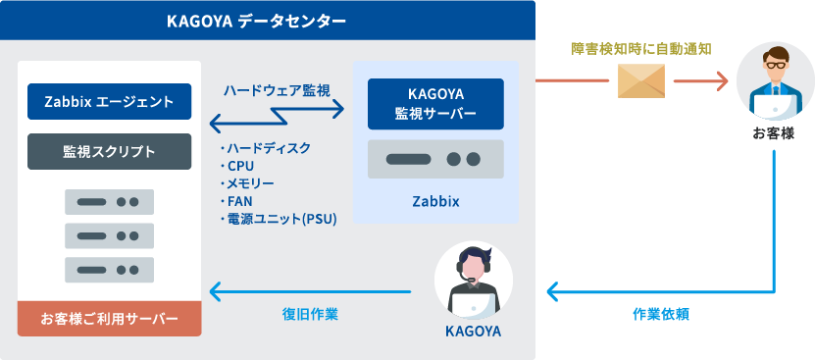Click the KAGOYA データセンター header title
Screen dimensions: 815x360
click(x=256, y=22)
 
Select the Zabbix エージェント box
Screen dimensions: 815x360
click(x=109, y=101)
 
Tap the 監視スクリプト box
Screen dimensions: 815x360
click(x=109, y=151)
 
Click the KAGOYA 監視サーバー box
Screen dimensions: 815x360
click(x=435, y=104)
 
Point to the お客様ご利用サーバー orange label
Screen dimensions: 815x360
click(x=109, y=319)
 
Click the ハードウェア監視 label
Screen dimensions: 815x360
click(x=277, y=90)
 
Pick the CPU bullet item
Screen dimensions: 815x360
click(x=237, y=166)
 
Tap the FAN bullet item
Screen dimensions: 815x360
click(x=236, y=201)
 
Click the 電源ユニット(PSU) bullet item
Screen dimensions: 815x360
click(x=279, y=220)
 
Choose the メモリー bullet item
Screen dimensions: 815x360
click(x=247, y=183)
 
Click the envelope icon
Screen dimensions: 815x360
click(x=641, y=80)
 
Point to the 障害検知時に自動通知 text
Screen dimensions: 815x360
click(x=640, y=49)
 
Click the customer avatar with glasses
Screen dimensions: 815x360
click(x=775, y=81)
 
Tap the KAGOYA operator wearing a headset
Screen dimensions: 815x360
click(x=474, y=281)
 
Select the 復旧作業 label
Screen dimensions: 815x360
click(x=310, y=314)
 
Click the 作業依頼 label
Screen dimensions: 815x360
click(x=661, y=314)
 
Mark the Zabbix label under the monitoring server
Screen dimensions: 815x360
click(x=436, y=202)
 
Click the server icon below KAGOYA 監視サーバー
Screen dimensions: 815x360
click(x=435, y=159)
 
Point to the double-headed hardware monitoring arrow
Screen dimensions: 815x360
click(x=277, y=117)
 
